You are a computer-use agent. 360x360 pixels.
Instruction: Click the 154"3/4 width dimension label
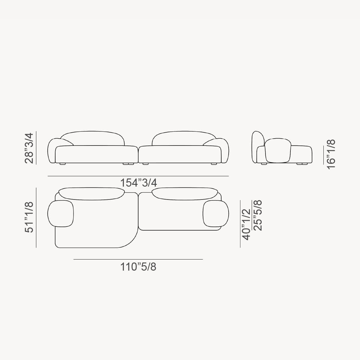(x=138, y=182)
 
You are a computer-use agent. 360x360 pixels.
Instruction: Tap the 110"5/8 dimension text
(x=138, y=267)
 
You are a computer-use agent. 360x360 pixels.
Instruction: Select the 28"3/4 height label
(x=29, y=148)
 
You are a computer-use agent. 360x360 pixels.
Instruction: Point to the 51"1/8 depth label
(x=29, y=217)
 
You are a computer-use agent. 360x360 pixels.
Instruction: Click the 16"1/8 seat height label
(x=331, y=154)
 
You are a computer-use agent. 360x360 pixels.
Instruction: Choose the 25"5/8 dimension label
(x=258, y=215)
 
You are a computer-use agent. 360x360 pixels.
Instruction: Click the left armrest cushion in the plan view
(x=61, y=214)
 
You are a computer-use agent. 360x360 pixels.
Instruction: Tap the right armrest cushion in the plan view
(x=216, y=214)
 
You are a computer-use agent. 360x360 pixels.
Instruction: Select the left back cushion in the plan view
(x=91, y=194)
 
